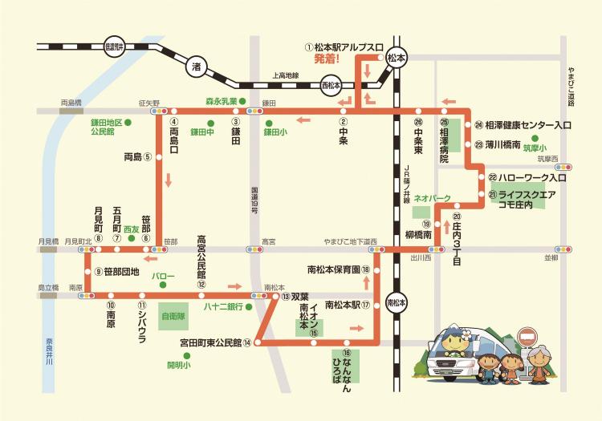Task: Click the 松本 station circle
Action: click(395, 58)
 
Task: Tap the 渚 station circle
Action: click(195, 68)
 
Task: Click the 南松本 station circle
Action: click(395, 303)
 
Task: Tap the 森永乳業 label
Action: click(219, 101)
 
